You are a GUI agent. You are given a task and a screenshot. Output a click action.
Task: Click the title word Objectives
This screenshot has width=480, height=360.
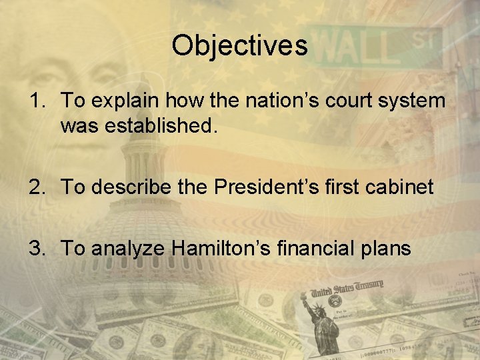tap(239, 45)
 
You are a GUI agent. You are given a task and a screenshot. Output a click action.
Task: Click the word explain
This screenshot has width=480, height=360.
tap(123, 101)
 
